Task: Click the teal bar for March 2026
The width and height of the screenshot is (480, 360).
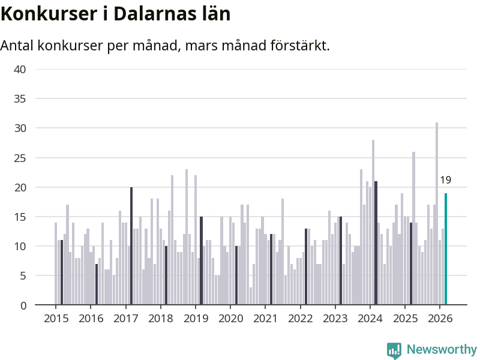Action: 446,249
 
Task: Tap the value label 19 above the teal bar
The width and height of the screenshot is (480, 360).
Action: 445,180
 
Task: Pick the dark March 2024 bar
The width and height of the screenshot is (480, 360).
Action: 376,243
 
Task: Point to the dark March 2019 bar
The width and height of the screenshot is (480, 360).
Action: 201,261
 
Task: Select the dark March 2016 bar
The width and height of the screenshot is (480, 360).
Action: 96,284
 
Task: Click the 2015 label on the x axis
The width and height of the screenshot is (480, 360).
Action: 55,318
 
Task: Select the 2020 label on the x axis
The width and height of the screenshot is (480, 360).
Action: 230,318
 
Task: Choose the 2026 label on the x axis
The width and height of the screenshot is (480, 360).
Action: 440,318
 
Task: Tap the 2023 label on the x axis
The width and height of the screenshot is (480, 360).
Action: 335,318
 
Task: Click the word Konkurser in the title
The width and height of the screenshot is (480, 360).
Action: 45,14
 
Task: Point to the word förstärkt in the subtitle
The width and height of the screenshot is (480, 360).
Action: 298,46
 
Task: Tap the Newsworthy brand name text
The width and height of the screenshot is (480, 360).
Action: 442,349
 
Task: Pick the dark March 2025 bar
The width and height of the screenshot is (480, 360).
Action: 411,264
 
